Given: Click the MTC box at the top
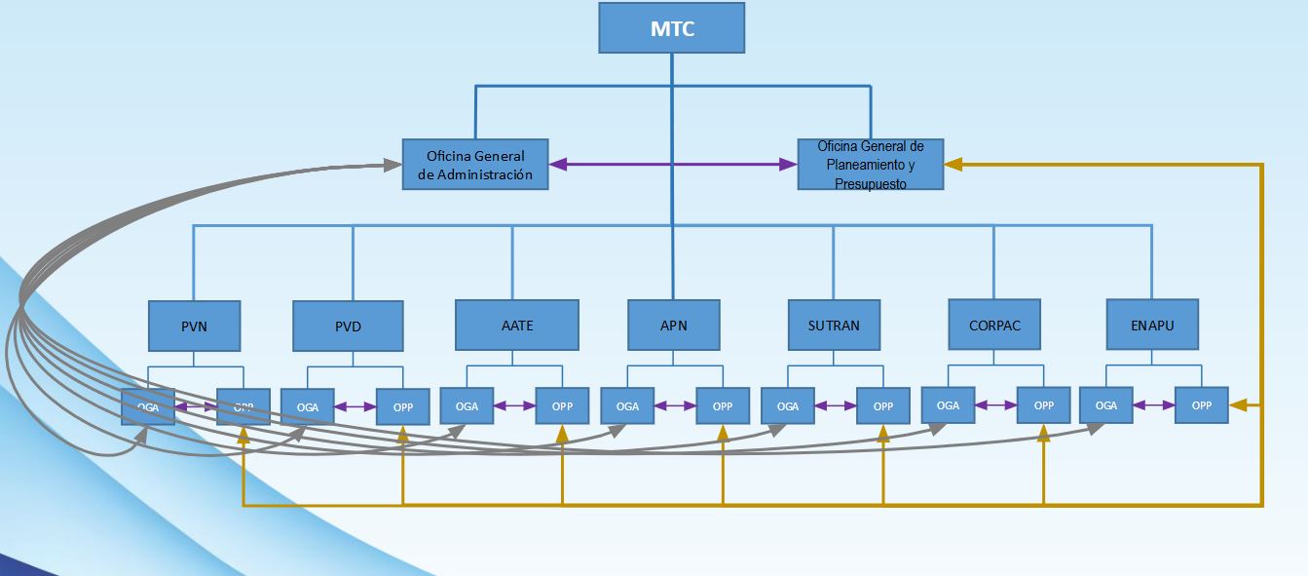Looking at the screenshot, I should [x=671, y=28].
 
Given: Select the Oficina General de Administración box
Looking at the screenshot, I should [x=475, y=165].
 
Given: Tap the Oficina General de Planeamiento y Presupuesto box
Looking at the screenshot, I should [x=871, y=164].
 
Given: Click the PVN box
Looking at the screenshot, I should [x=194, y=326].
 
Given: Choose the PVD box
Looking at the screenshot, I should [x=348, y=326].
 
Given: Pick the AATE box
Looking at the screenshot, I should [x=516, y=325].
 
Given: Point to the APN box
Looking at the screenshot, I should [x=673, y=325].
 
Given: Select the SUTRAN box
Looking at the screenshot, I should [x=834, y=325].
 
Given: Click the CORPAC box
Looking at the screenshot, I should [x=995, y=325].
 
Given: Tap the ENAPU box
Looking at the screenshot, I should [x=1153, y=324].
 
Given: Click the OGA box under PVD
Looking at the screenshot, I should [x=307, y=406].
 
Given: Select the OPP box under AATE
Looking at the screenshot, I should [x=562, y=406].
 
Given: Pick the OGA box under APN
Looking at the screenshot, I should [x=627, y=406].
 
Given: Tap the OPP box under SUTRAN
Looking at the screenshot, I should [x=882, y=406].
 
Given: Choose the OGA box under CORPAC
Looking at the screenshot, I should [x=948, y=404].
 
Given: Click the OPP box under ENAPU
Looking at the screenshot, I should [x=1202, y=404].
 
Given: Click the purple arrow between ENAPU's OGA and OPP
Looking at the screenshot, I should [x=1154, y=404].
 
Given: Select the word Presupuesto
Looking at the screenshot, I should [x=871, y=183].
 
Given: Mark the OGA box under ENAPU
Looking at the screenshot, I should [x=1106, y=404].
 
